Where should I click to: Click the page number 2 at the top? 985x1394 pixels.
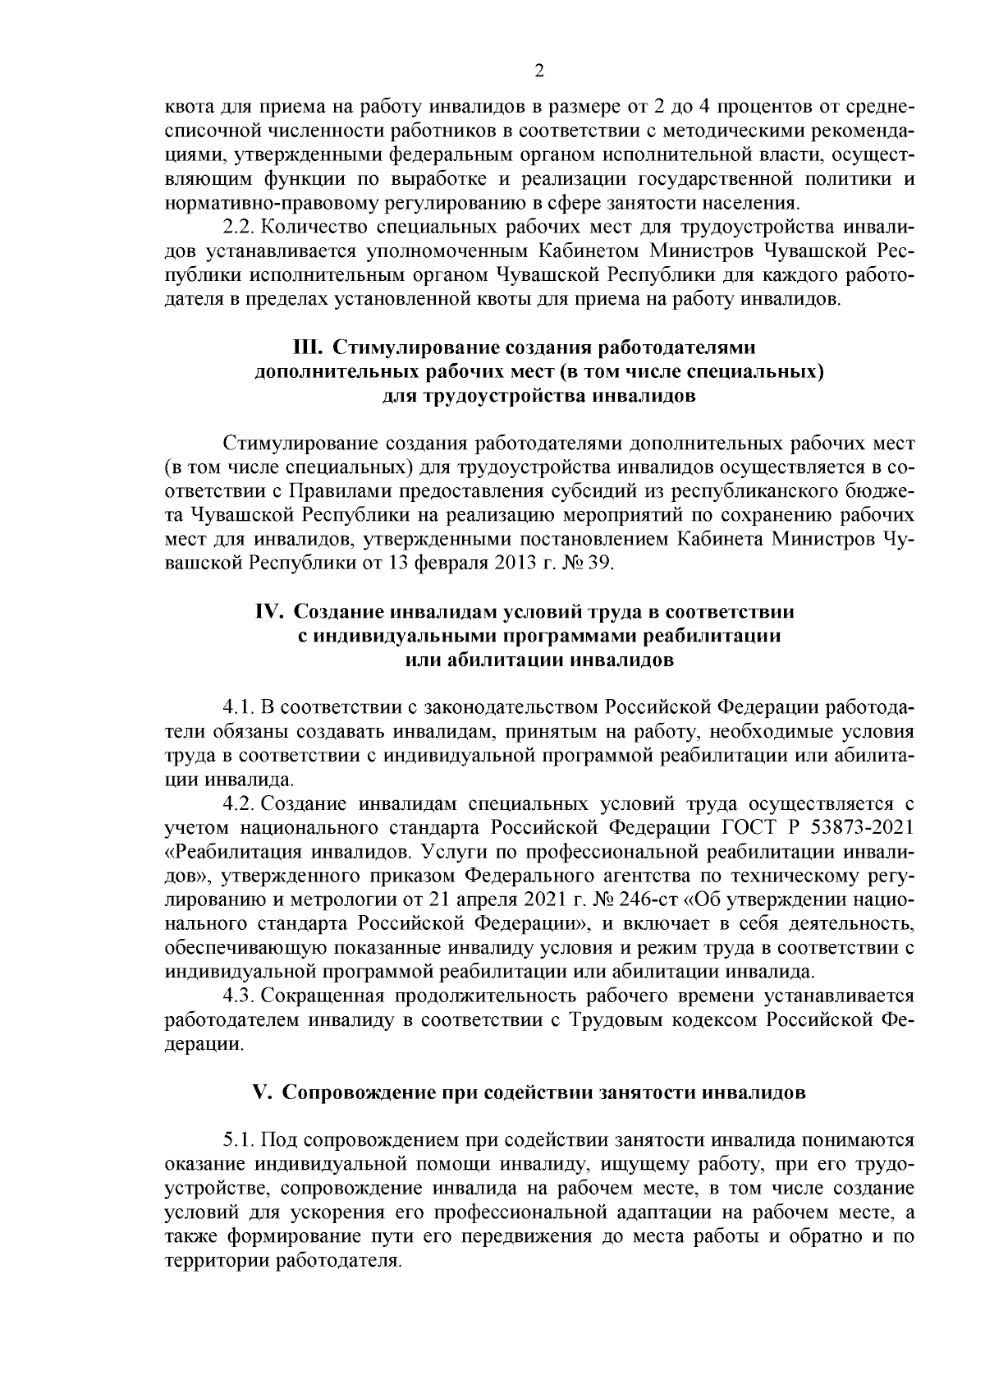click(x=538, y=71)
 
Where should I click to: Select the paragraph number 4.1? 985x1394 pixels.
click(x=237, y=708)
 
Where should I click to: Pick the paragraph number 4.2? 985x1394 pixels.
click(x=237, y=803)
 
